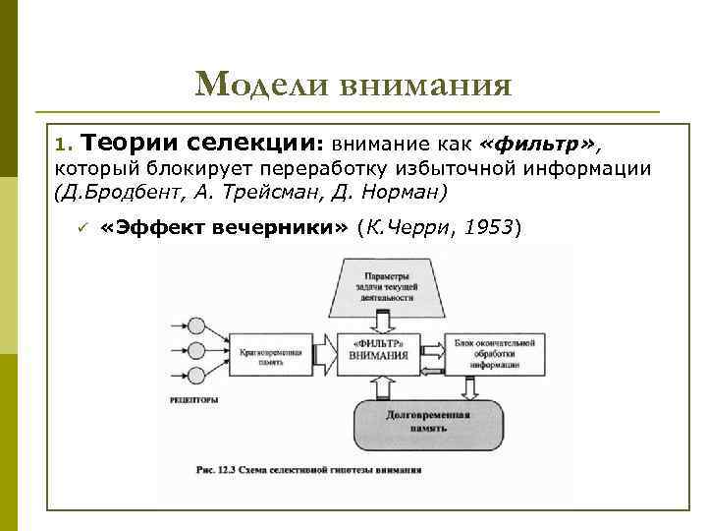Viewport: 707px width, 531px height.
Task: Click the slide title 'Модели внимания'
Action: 353,85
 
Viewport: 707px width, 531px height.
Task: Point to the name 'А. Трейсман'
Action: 228,189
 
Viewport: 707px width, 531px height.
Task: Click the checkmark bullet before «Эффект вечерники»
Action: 83,228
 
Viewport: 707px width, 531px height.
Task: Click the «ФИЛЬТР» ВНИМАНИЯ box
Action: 377,351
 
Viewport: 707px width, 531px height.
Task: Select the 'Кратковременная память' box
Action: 261,351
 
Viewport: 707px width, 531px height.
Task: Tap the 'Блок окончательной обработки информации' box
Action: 494,351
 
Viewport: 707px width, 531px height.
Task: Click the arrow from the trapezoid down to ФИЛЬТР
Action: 377,324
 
